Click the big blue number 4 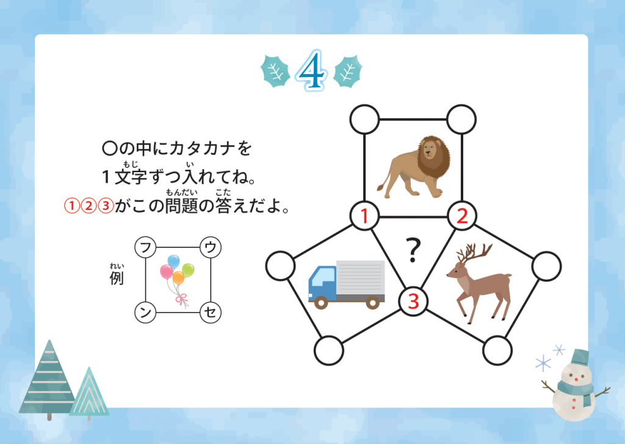312,70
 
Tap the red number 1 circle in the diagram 364,216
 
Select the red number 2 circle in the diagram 461,216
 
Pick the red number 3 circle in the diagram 413,301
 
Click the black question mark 413,250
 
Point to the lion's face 430,151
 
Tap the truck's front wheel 321,302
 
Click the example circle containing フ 145,247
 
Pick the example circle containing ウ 211,247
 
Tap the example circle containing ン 145,312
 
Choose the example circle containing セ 211,312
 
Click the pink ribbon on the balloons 182,300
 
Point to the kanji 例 117,278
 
